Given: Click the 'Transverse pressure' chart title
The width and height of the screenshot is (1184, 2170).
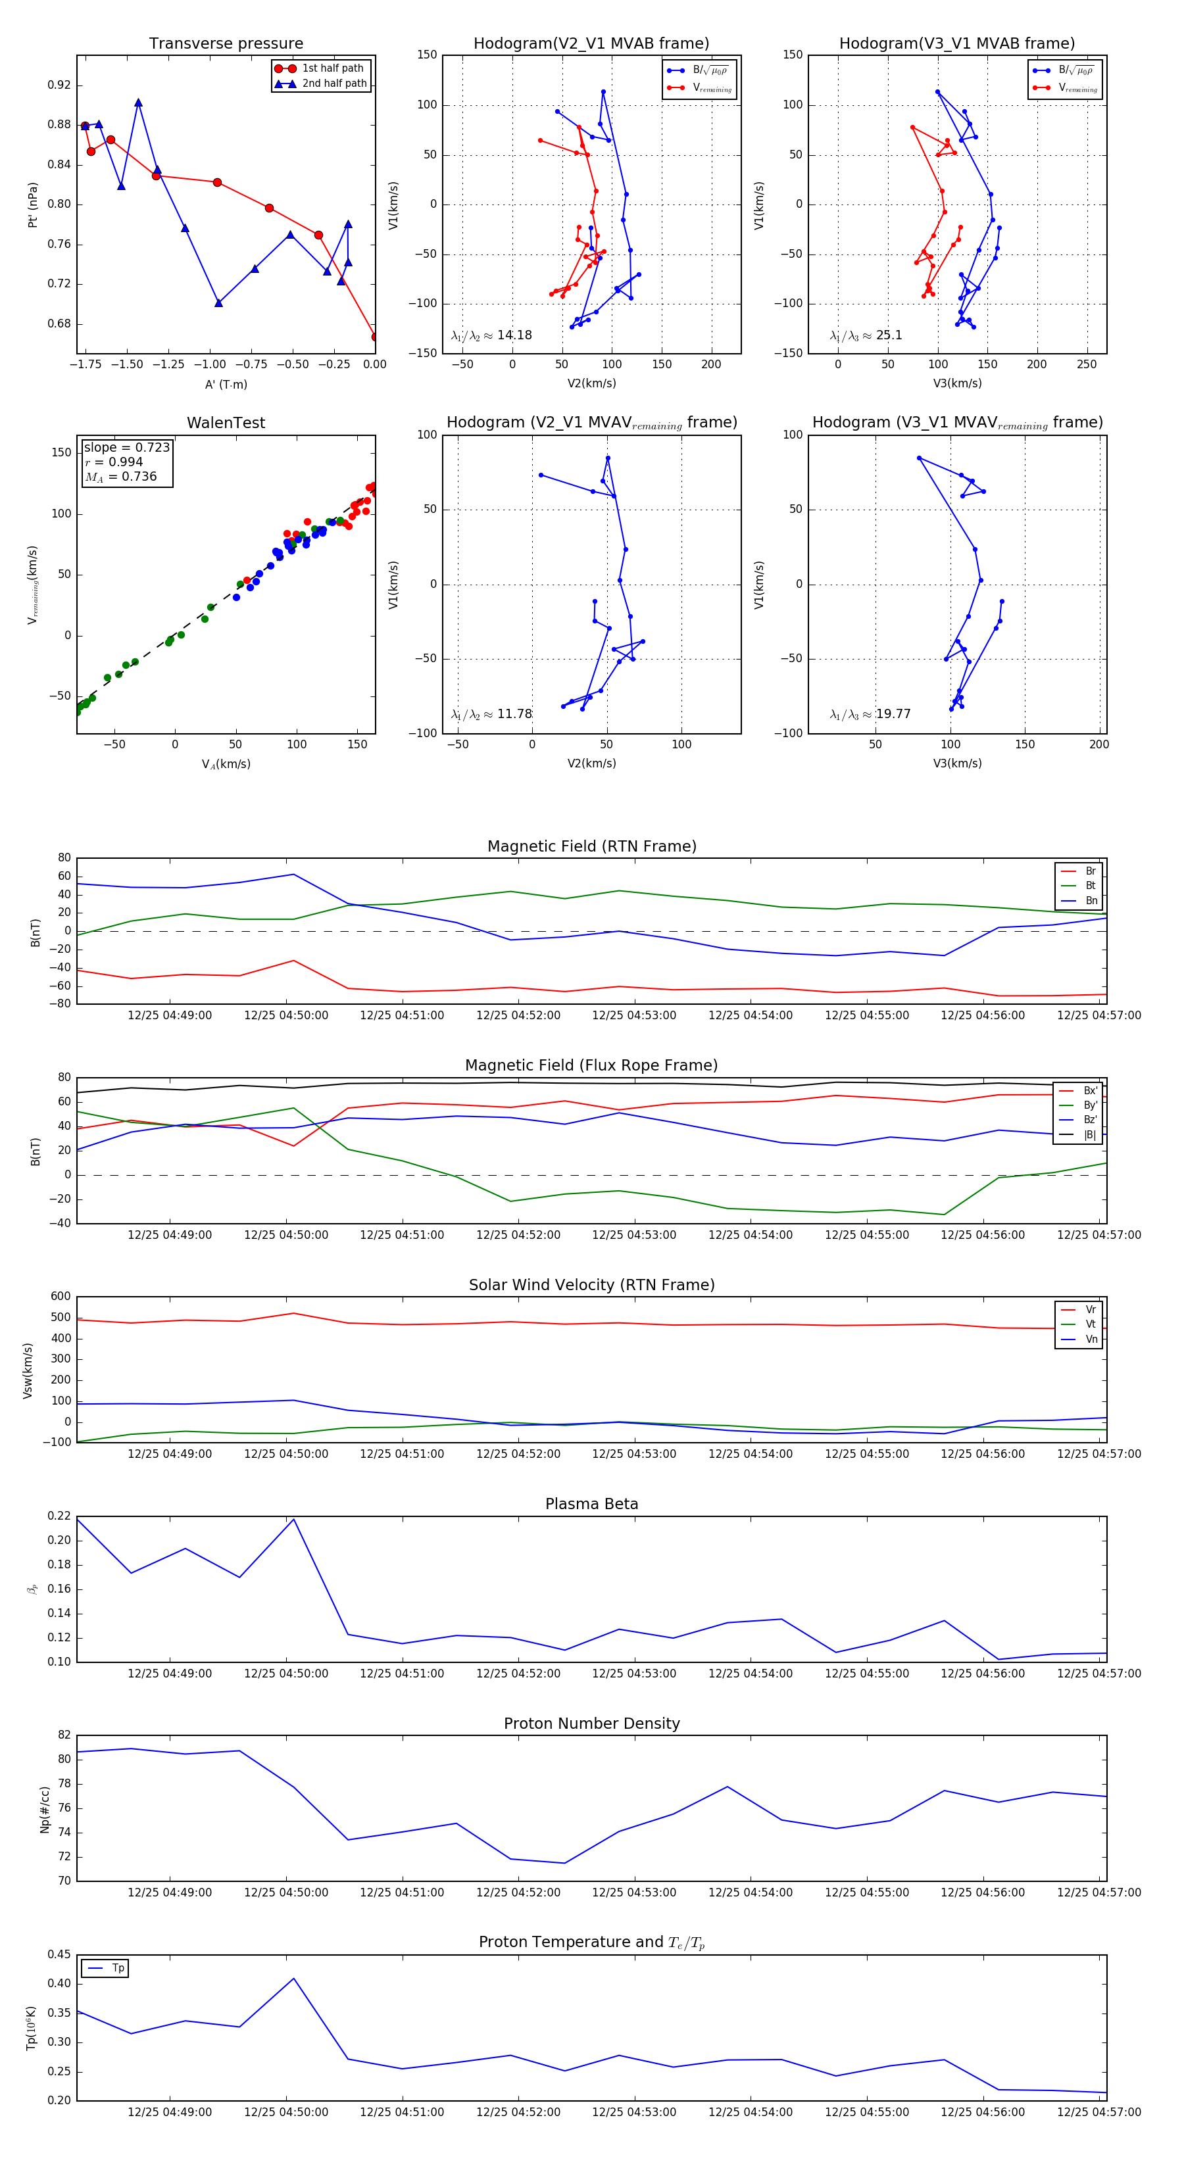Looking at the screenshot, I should (x=226, y=44).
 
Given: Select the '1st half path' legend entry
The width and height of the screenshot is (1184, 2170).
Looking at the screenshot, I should (x=332, y=68).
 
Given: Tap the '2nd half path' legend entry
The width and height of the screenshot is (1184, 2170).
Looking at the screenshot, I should (x=333, y=84).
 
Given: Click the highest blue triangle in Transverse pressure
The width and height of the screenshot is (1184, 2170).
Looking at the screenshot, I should (x=138, y=103).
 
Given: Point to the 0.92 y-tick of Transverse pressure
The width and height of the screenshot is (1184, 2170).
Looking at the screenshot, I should (x=59, y=85).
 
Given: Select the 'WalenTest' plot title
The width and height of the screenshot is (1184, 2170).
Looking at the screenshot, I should (x=226, y=423).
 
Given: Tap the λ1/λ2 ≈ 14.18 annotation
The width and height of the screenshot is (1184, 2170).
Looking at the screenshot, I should (x=491, y=335).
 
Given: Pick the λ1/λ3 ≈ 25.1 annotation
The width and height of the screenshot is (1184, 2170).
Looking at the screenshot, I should (x=866, y=335).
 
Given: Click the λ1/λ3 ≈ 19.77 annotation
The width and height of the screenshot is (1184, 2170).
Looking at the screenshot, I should (x=870, y=714).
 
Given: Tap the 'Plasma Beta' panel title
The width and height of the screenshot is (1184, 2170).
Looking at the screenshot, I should (x=591, y=1505).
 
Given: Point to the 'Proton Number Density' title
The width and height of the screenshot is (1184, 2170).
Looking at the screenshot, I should (x=591, y=1724).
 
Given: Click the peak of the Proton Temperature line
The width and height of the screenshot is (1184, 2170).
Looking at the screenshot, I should (x=293, y=1978).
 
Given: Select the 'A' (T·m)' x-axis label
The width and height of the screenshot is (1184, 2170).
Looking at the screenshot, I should (x=226, y=385).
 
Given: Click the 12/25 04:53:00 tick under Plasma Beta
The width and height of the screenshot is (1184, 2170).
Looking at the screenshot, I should (x=633, y=1674).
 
